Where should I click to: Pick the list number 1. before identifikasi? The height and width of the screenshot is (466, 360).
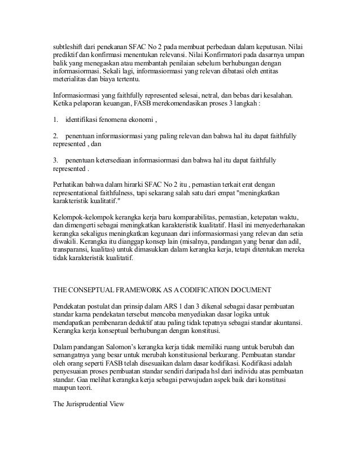(55, 121)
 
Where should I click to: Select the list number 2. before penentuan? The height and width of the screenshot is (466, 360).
(55, 137)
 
